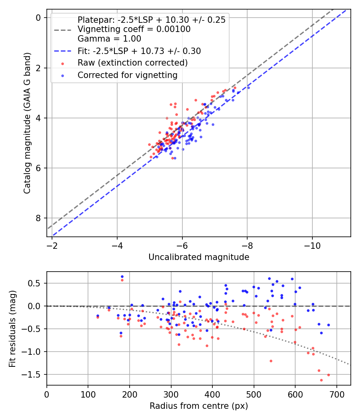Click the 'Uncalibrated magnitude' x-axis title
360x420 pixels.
click(x=199, y=257)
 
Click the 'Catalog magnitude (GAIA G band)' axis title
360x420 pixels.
click(x=27, y=123)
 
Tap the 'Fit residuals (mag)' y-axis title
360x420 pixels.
click(x=12, y=329)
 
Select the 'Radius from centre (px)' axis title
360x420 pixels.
click(x=199, y=406)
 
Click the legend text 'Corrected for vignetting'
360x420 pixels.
click(x=128, y=75)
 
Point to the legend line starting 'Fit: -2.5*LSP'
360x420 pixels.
click(x=139, y=51)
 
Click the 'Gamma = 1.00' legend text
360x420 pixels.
click(x=109, y=39)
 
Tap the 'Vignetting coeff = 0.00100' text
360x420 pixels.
click(x=134, y=29)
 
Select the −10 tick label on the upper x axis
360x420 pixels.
click(x=312, y=246)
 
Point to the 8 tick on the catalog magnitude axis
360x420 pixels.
click(x=38, y=218)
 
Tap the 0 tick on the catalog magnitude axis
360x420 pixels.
click(x=38, y=18)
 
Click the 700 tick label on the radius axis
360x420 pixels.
click(x=337, y=394)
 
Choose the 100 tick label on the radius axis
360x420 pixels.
click(x=88, y=394)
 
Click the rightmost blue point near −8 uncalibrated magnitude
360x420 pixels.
click(x=248, y=88)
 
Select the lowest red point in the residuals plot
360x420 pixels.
click(x=322, y=380)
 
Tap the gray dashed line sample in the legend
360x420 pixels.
click(x=63, y=30)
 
